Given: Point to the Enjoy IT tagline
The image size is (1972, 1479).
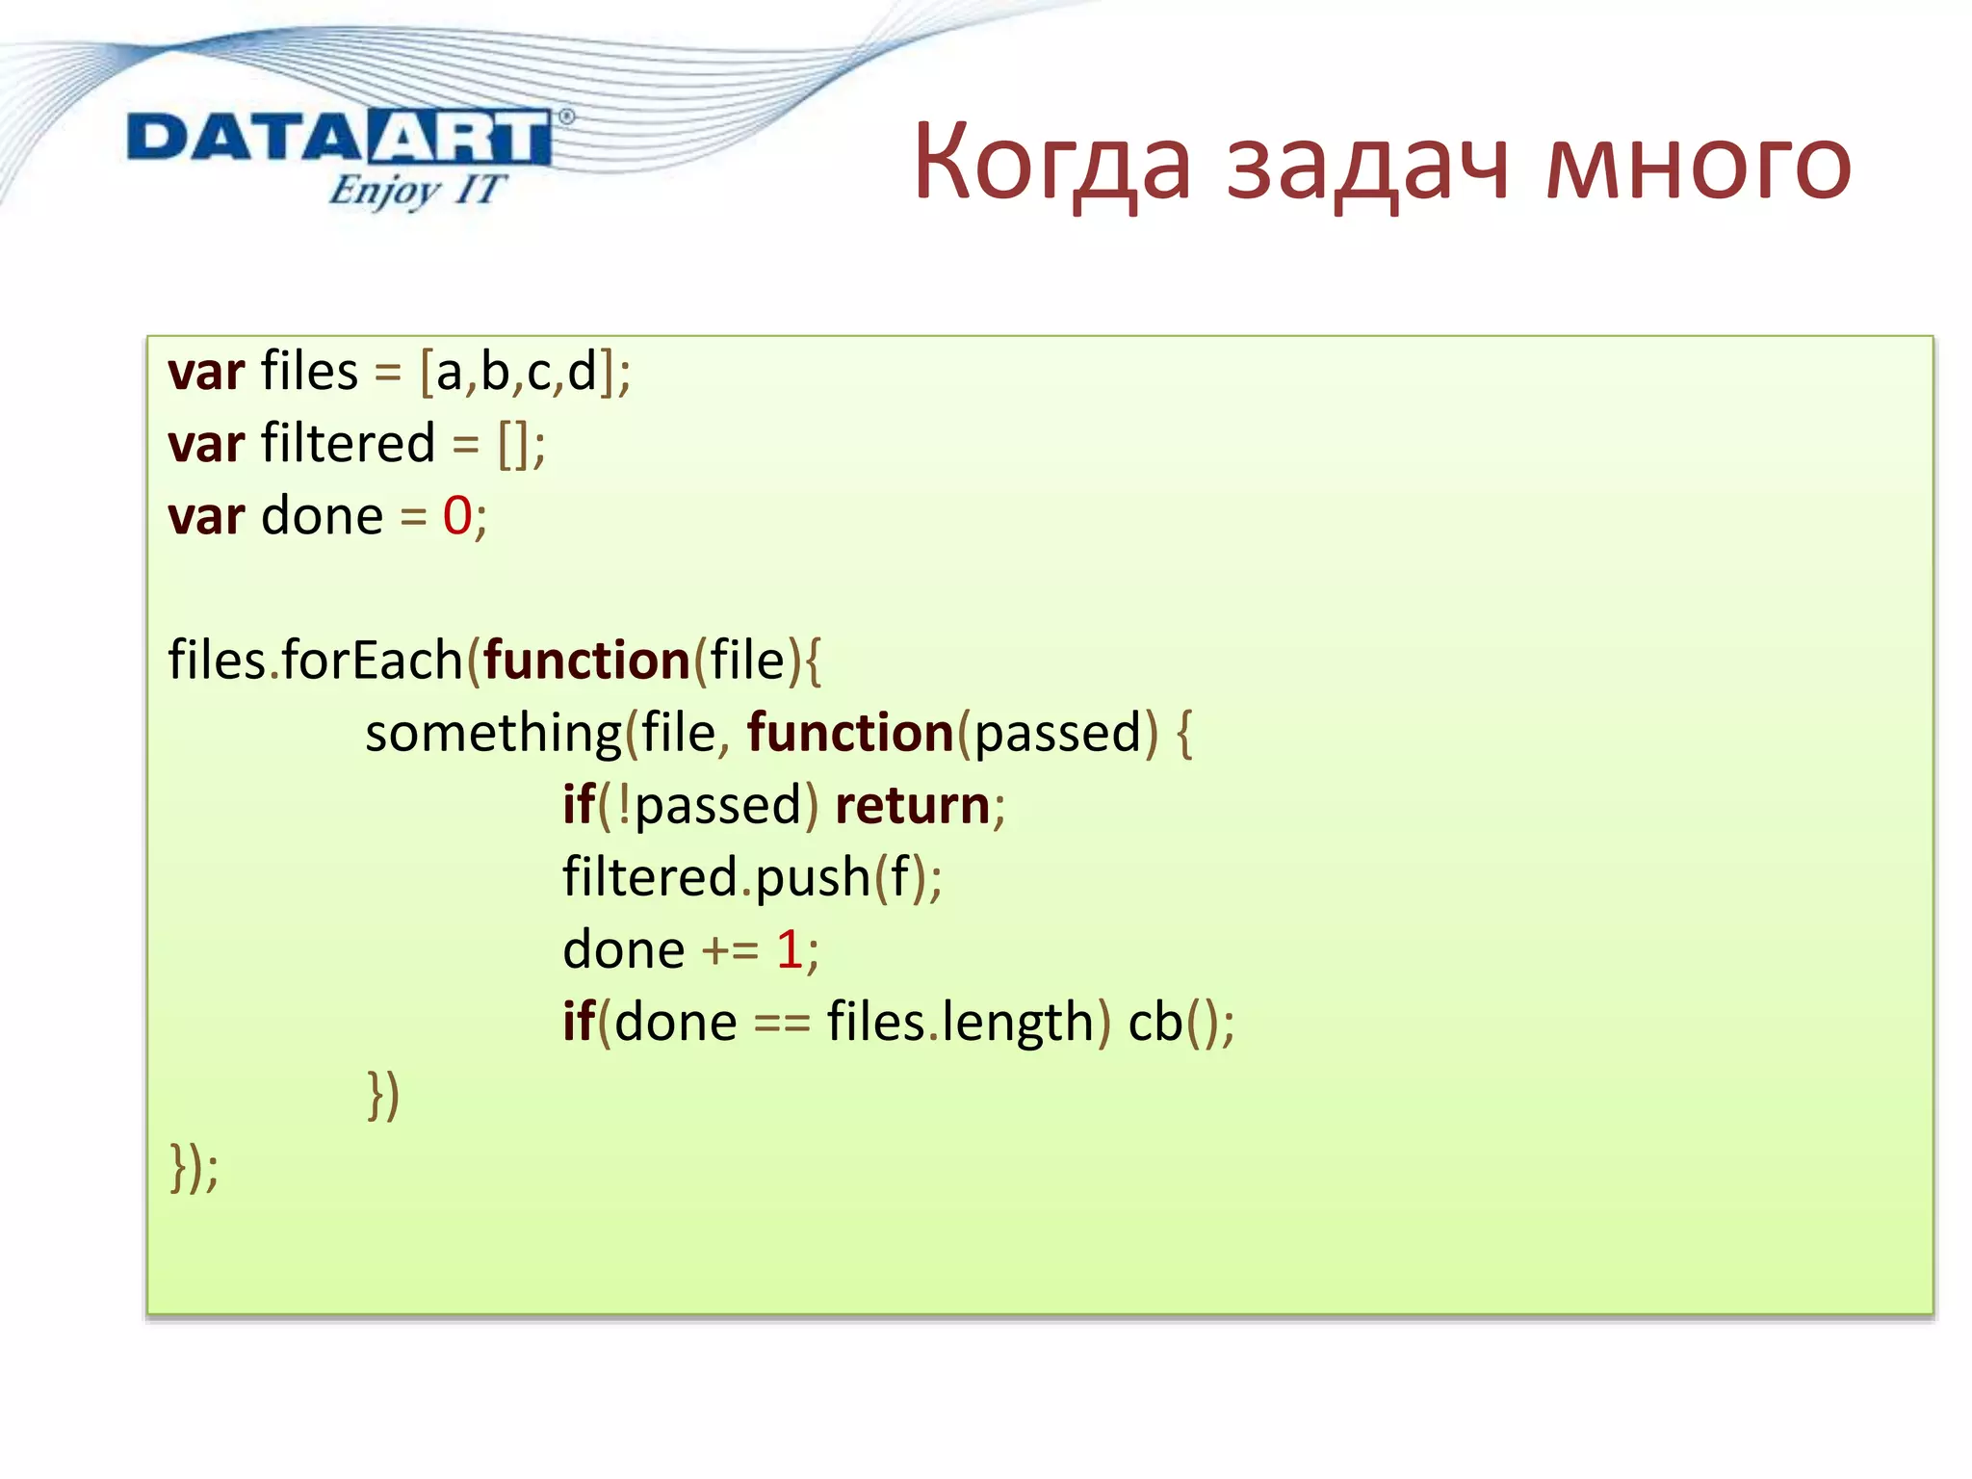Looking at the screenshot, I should coord(416,190).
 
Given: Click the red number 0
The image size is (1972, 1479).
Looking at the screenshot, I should coord(457,516).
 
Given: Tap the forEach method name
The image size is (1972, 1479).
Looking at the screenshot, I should coord(372,661).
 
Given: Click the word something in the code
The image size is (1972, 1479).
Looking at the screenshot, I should coord(493,734).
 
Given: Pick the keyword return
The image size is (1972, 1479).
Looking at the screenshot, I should coord(912,805).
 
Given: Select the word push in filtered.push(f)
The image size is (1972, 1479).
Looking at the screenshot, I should coord(813,878).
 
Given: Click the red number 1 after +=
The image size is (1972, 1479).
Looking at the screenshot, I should coord(790,949).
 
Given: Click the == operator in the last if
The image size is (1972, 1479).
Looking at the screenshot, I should coord(781,1023).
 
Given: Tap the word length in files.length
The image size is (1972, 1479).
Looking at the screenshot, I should coord(1018,1023).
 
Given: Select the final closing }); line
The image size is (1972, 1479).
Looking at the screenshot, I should coord(195,1167).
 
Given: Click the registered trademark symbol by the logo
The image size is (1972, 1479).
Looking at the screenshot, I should coord(566,117).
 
